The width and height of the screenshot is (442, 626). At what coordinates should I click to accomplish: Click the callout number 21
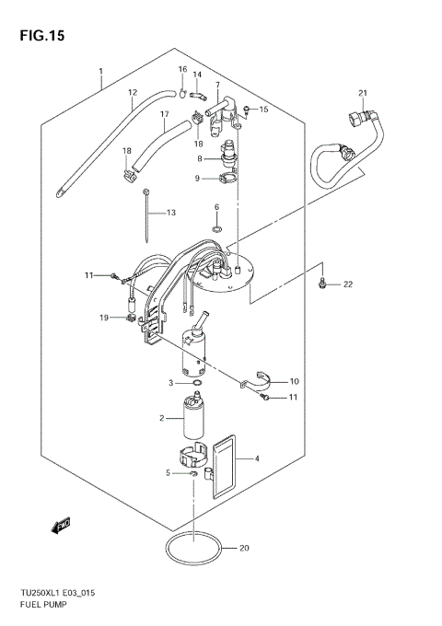click(363, 92)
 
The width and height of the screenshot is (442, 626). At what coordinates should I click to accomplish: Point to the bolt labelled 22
click(321, 283)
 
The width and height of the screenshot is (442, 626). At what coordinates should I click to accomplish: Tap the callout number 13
click(169, 213)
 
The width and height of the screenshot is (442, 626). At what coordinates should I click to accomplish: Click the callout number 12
click(132, 92)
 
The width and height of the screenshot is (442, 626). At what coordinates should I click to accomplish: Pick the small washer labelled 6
click(216, 227)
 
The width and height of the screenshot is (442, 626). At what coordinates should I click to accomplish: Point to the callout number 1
click(100, 71)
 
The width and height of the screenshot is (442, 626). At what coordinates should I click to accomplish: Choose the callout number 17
click(164, 115)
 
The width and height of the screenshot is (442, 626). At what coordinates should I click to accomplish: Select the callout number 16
click(182, 69)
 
